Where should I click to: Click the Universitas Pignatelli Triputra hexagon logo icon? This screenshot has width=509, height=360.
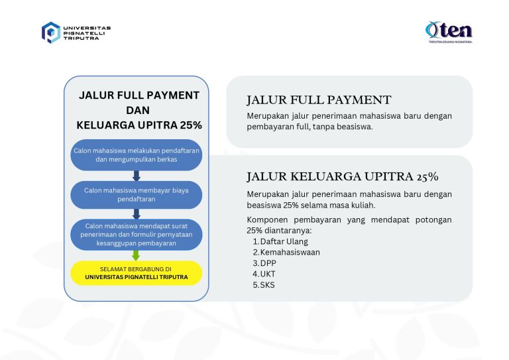51,32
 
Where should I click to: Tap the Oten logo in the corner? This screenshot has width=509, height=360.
449,31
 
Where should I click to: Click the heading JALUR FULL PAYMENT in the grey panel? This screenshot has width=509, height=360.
319,100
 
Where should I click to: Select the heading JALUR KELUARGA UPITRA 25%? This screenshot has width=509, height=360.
342,177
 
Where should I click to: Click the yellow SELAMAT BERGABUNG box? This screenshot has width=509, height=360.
137,272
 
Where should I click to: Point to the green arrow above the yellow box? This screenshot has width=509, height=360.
137,255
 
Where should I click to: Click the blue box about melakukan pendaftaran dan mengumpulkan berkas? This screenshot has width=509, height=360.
137,155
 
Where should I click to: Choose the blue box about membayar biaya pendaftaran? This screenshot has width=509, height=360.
137,194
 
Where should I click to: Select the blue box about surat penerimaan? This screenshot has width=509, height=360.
137,234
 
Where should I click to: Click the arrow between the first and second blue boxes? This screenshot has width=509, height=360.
137,176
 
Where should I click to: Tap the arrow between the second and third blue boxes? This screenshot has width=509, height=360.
137,214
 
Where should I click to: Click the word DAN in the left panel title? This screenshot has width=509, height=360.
138,110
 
